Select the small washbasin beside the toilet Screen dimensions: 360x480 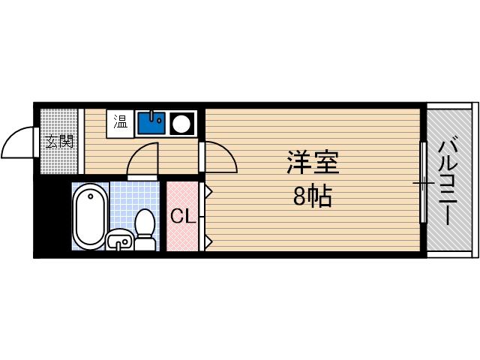click(x=119, y=241)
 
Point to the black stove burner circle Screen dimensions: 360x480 click(x=182, y=122)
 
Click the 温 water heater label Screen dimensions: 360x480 click(x=120, y=121)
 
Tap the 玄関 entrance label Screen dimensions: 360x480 click(x=58, y=141)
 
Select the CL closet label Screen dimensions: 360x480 click(x=183, y=217)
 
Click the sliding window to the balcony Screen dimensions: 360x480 click(x=423, y=181)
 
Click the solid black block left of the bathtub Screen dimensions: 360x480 click(x=52, y=217)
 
